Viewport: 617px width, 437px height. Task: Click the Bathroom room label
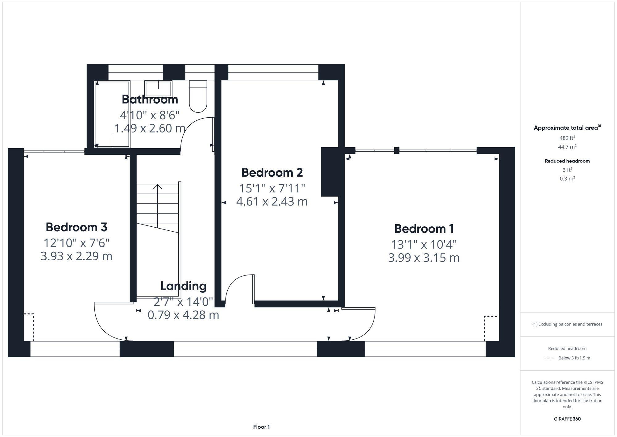pos(150,99)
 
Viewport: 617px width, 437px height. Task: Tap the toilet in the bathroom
pos(198,96)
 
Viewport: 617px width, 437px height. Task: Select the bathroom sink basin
pos(158,89)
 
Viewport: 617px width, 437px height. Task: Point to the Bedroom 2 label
pos(272,172)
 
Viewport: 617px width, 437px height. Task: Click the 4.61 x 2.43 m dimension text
pos(272,202)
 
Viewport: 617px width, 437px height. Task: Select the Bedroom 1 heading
pos(424,229)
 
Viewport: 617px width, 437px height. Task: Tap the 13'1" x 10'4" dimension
pos(424,245)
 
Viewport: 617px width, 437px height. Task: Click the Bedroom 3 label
pos(77,227)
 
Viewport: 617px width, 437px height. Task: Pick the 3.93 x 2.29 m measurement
pos(77,256)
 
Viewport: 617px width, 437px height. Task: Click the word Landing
pos(183,286)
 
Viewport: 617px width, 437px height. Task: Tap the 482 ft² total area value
pos(567,138)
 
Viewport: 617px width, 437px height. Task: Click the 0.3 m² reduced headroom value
pos(567,179)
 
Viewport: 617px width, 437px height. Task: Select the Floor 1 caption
pos(261,427)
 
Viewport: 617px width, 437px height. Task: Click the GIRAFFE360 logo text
pos(567,419)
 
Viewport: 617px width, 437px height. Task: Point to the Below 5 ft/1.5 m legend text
pos(574,358)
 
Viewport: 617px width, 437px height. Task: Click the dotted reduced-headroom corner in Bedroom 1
pos(491,327)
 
